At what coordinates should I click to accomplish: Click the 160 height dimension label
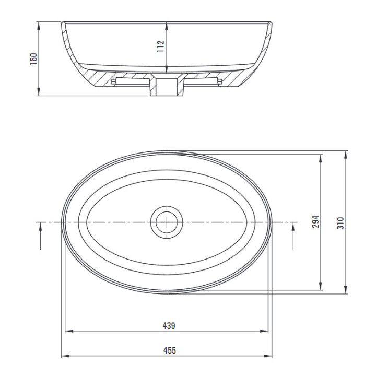point(33,58)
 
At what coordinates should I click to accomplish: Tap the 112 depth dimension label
point(161,46)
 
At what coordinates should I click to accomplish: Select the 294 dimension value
point(315,221)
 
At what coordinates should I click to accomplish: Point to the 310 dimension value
point(340,223)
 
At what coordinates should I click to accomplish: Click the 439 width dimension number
point(169,326)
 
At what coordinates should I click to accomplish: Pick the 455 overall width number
point(170,350)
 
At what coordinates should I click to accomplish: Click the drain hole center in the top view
point(167,222)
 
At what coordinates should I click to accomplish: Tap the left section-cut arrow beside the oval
point(40,236)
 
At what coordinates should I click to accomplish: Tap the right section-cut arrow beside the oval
point(293,236)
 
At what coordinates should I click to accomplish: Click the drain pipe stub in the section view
point(167,88)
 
